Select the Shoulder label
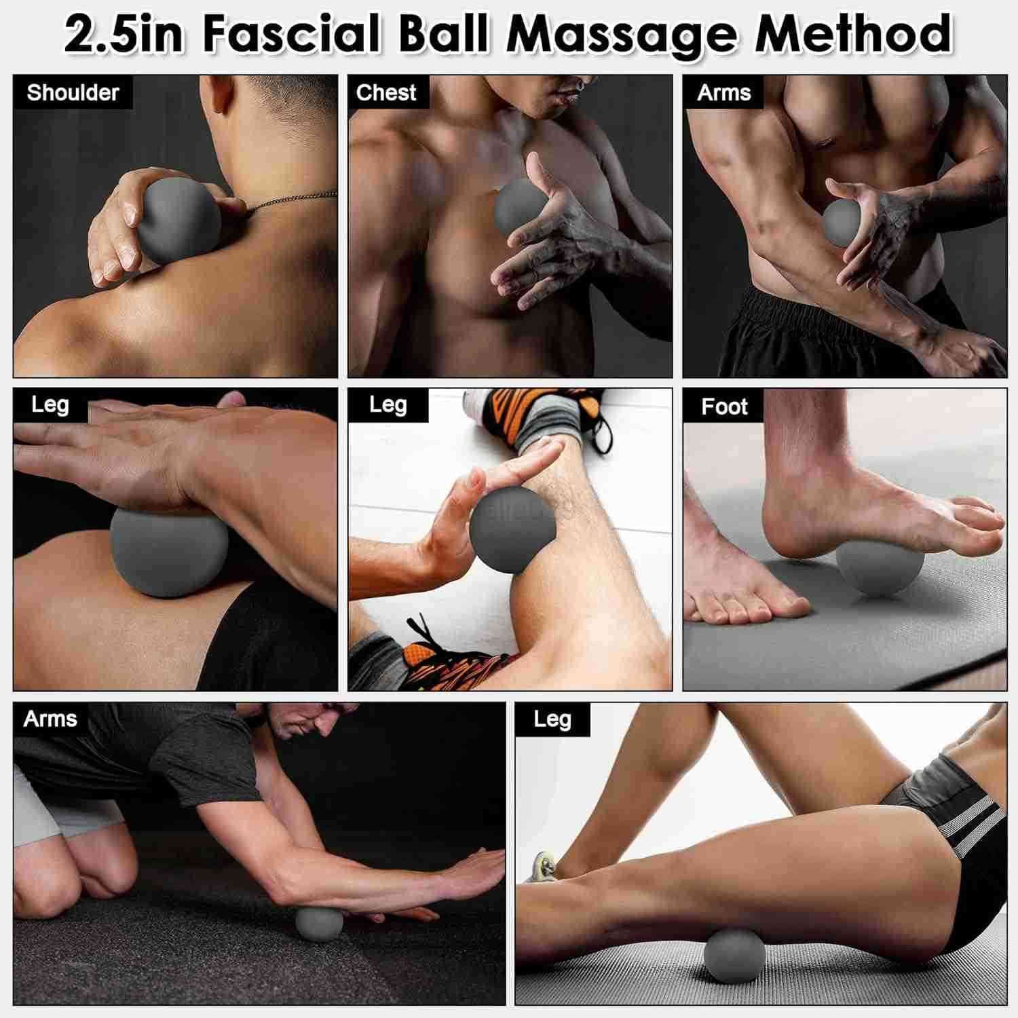73,92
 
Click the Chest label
386,92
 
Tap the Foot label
724,407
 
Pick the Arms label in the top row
724,92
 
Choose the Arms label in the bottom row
50,719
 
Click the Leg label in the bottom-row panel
552,719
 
